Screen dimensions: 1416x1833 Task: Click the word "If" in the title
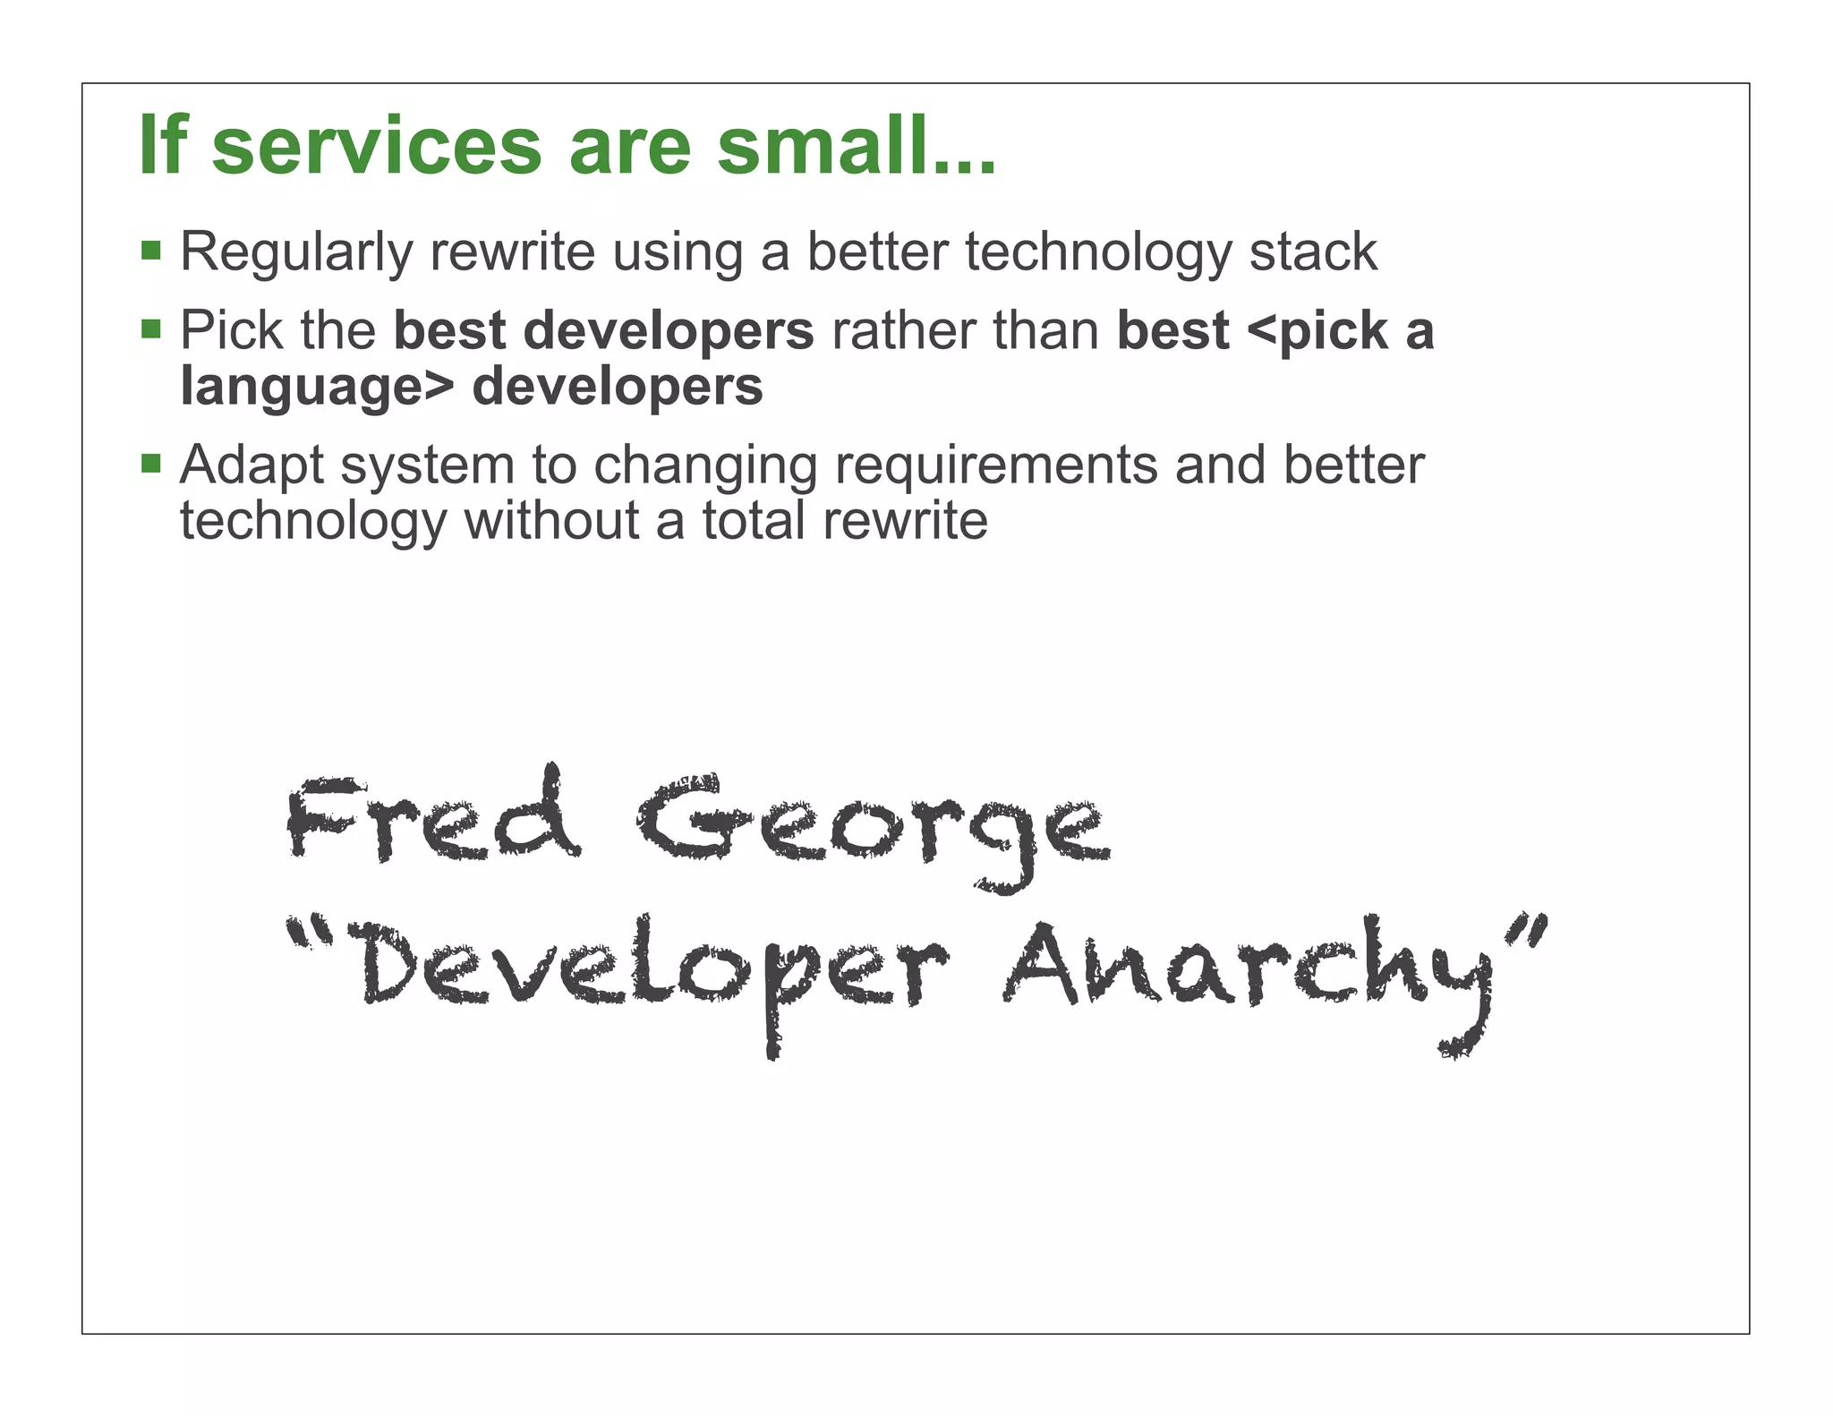click(163, 145)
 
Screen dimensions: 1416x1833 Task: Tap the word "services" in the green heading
click(377, 147)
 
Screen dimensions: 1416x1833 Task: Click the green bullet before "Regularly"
click(151, 249)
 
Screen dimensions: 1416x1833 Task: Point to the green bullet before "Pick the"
click(151, 328)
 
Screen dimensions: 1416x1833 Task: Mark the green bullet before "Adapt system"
click(151, 463)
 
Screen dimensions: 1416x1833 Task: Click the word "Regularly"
click(296, 253)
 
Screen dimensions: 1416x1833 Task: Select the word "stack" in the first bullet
click(1313, 252)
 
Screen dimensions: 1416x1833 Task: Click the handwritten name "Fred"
click(433, 816)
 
